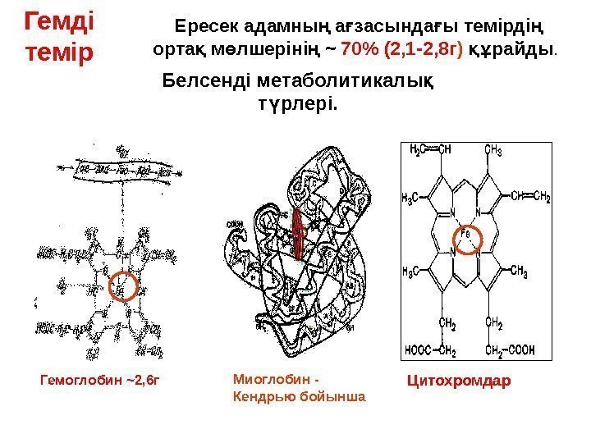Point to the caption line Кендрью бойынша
click(299, 397)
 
